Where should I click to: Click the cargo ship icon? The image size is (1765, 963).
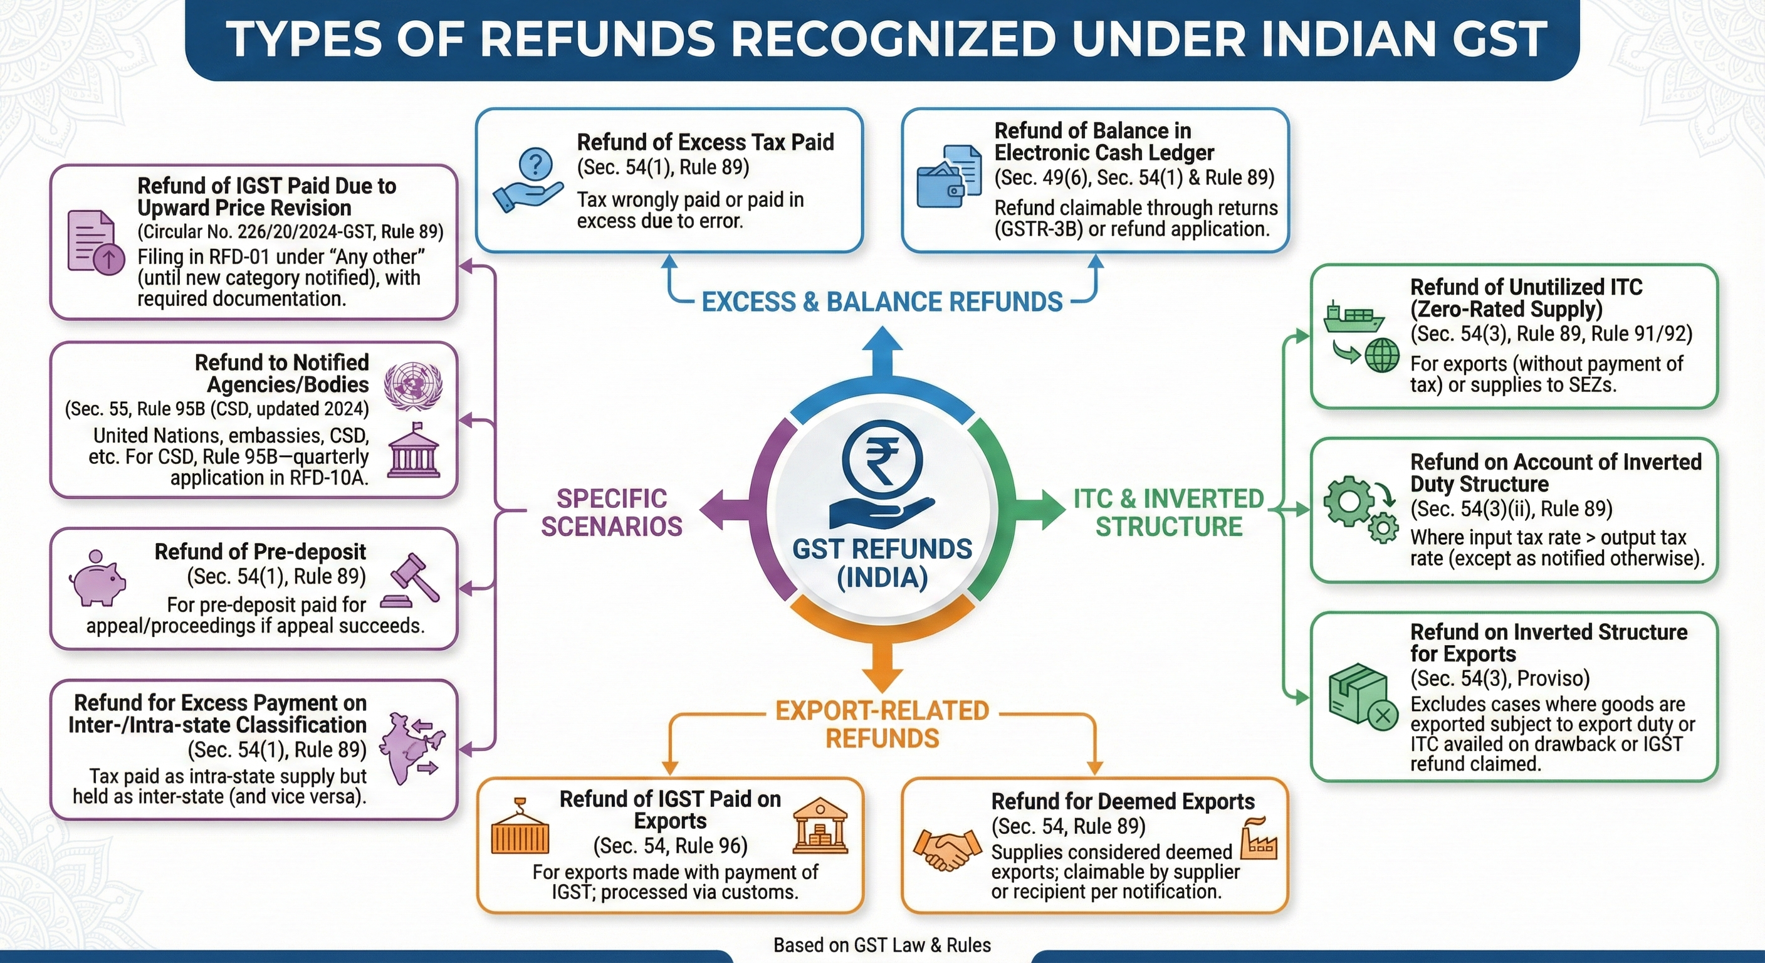(x=1353, y=317)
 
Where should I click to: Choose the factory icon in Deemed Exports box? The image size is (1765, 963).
(x=1259, y=839)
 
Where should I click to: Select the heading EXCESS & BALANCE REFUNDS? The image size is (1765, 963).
(x=882, y=302)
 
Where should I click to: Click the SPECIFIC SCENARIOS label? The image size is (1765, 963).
(x=611, y=512)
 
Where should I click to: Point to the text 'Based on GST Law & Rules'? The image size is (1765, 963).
(x=882, y=945)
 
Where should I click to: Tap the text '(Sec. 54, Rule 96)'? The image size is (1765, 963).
(x=669, y=846)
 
